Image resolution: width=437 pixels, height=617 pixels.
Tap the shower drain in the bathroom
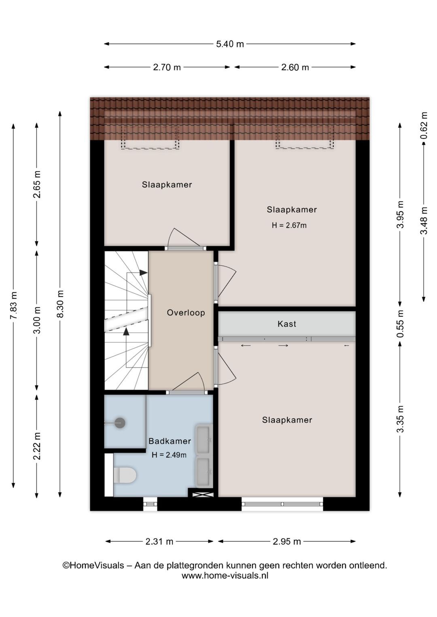tap(120, 423)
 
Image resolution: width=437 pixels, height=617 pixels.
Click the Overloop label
tap(186, 313)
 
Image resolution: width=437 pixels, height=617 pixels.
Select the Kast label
tap(286, 324)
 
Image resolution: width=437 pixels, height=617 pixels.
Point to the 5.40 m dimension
tap(230, 44)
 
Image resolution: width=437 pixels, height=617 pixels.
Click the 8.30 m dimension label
tap(60, 304)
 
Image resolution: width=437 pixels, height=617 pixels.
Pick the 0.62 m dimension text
tap(424, 126)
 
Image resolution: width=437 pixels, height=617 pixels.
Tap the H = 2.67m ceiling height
tap(289, 226)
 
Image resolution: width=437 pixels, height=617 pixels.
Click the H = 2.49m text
tap(169, 455)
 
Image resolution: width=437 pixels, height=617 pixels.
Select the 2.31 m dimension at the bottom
tap(159, 541)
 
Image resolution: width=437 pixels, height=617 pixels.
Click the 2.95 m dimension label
tap(286, 541)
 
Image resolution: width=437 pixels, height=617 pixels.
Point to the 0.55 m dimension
tap(400, 324)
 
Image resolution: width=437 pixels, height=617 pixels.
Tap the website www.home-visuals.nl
tap(225, 576)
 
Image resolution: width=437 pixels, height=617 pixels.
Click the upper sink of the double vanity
tap(203, 440)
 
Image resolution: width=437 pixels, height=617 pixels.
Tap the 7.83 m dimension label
tap(13, 305)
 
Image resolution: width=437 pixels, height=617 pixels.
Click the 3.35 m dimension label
tap(400, 419)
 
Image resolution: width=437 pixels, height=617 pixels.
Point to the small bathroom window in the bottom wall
tap(150, 504)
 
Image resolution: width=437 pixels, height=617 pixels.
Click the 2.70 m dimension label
tap(167, 68)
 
